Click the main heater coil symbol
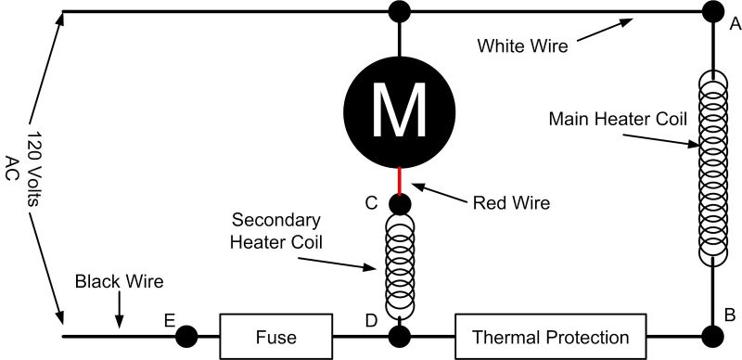click(x=712, y=167)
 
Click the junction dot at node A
click(x=712, y=12)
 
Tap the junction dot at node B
click(x=712, y=335)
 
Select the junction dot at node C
click(x=400, y=202)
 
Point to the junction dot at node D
click(x=400, y=335)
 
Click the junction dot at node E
click(x=185, y=335)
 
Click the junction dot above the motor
click(x=399, y=12)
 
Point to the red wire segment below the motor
click(x=400, y=178)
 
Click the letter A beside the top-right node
click(x=734, y=26)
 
